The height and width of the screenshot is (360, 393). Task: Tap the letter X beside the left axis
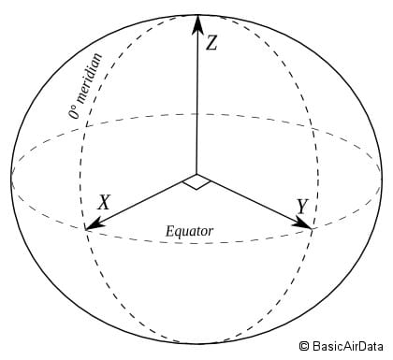(105, 201)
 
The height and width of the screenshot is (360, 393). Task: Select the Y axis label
(302, 206)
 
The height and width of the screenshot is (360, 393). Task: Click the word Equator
(189, 231)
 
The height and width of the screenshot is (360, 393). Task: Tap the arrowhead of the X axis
(91, 225)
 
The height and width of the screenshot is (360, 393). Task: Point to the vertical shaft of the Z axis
(196, 103)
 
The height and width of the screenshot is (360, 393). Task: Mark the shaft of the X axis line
(140, 202)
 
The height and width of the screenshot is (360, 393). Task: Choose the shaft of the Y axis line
(253, 200)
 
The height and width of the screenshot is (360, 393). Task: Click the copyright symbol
(305, 348)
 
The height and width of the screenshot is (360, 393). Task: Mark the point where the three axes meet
(196, 175)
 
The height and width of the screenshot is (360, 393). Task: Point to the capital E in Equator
(169, 231)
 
